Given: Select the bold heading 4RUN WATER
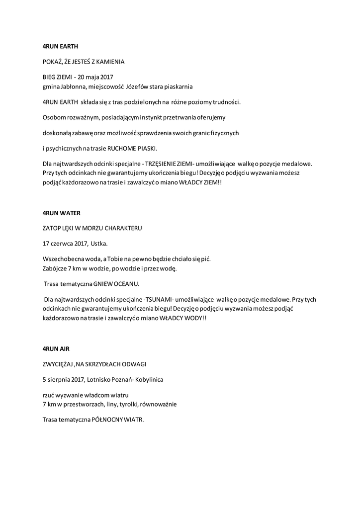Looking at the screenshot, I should click(61, 213).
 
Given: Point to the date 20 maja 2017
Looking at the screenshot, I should click(96, 78).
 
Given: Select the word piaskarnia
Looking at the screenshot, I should click(178, 86).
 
